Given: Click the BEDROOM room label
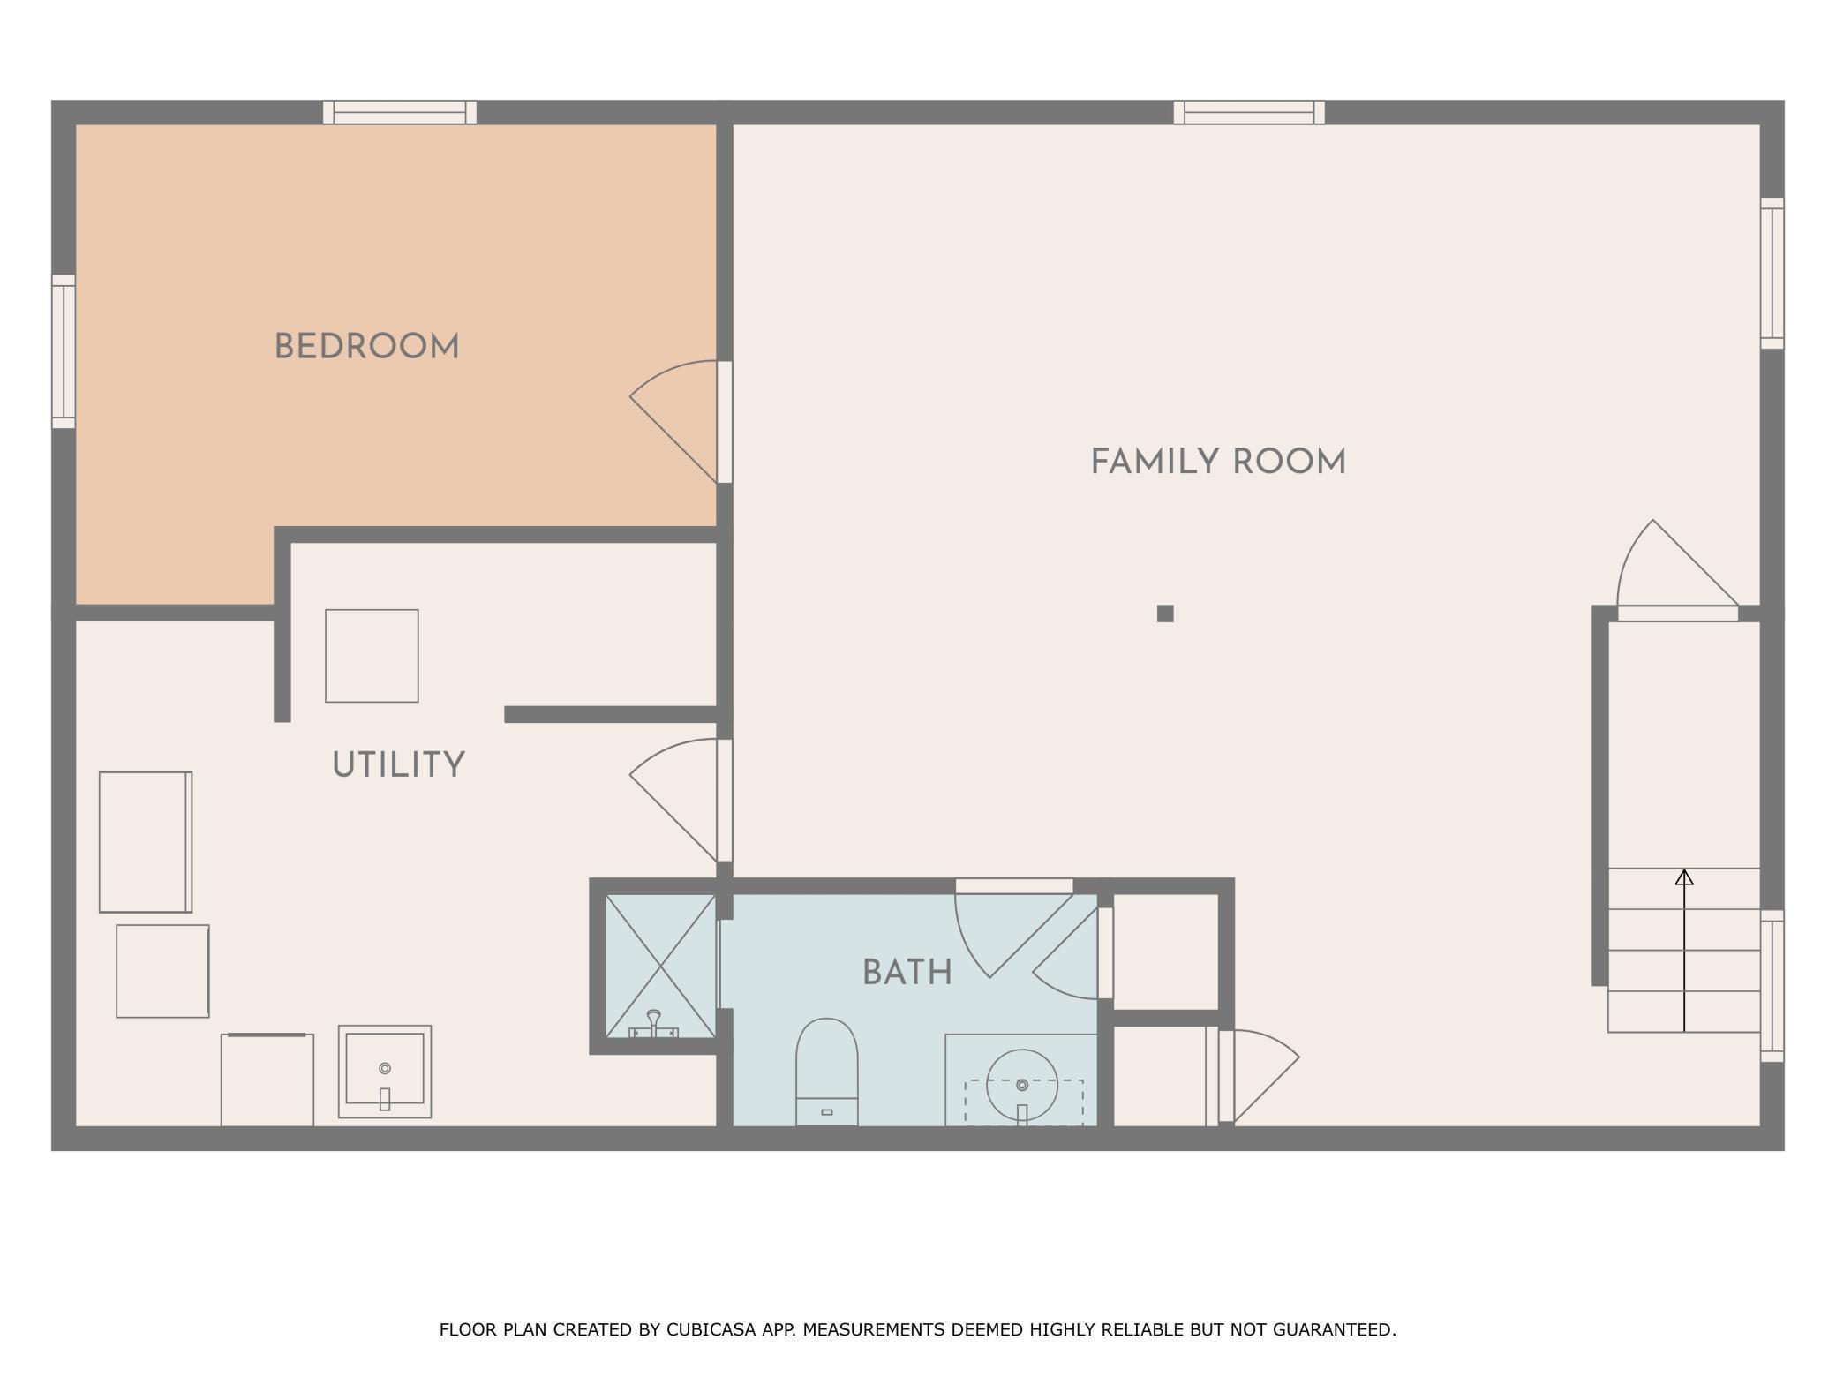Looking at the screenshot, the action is (x=367, y=347).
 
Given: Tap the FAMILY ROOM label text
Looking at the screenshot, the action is (x=1218, y=463).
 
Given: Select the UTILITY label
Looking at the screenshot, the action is (x=398, y=765).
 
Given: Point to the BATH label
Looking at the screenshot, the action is (x=907, y=973).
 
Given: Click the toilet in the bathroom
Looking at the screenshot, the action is (x=826, y=1072).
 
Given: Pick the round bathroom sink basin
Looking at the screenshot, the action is (x=1021, y=1085).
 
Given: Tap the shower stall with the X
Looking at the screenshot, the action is (x=660, y=966).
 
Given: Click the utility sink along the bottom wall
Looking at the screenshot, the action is (x=384, y=1072).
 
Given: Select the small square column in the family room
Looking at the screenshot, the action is (x=1165, y=613).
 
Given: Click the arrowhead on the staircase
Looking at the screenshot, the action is (x=1684, y=877).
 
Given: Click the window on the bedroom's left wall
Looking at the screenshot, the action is (x=64, y=351).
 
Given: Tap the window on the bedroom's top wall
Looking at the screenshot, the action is (x=400, y=112).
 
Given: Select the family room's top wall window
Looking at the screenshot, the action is (x=1249, y=112).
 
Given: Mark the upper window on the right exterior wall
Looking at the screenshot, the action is (x=1772, y=273).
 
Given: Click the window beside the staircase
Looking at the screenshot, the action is (x=1772, y=986).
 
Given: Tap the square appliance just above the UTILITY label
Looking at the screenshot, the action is (x=372, y=656).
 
